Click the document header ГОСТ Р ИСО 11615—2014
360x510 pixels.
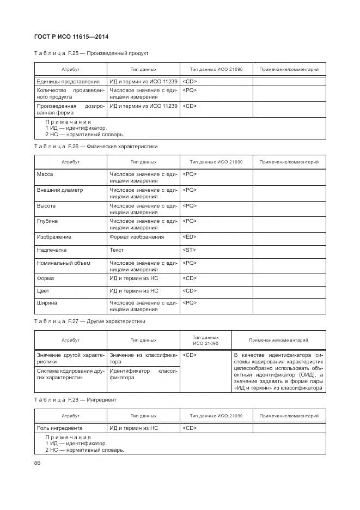(x=71, y=37)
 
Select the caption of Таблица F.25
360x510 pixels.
(x=91, y=53)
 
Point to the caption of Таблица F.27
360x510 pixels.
(x=89, y=321)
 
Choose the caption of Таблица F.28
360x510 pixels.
(x=75, y=399)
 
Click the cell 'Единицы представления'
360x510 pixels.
(x=68, y=82)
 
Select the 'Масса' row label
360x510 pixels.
(x=45, y=174)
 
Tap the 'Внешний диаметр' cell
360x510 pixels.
(x=59, y=190)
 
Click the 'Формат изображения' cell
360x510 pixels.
(x=136, y=237)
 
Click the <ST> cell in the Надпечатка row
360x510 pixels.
(x=190, y=250)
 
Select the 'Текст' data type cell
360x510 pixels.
(x=117, y=250)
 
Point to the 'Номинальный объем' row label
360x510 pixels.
(x=63, y=263)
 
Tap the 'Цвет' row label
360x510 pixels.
(x=42, y=291)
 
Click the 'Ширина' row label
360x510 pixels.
(x=47, y=302)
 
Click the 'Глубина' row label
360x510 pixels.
(x=47, y=221)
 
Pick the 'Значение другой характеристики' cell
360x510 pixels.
(x=70, y=358)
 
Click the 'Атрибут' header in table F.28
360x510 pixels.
(x=70, y=416)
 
